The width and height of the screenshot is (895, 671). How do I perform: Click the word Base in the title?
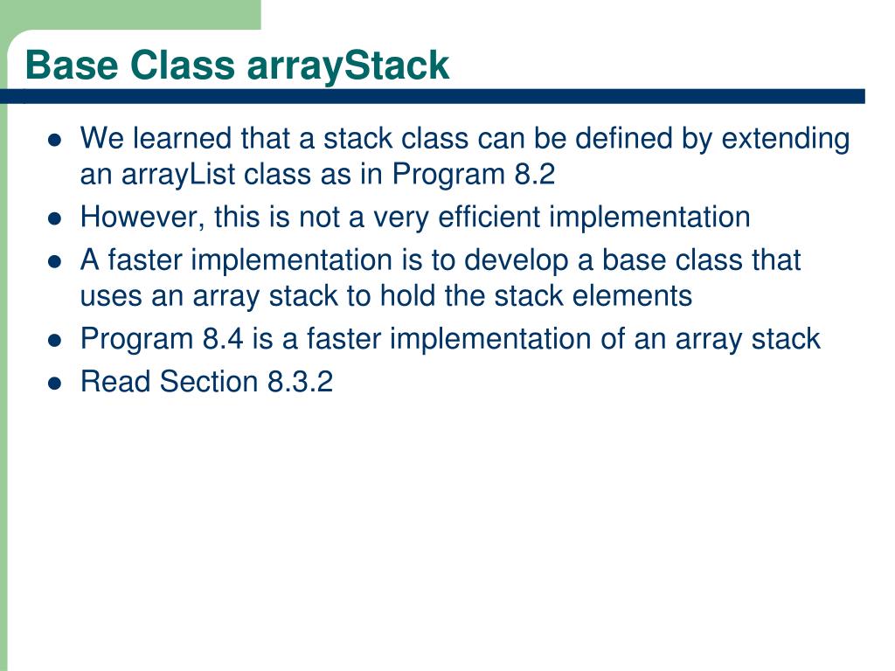[72, 65]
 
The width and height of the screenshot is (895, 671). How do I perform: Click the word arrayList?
[177, 175]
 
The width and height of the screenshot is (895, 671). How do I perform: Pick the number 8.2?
[534, 174]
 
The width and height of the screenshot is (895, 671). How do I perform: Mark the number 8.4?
[223, 339]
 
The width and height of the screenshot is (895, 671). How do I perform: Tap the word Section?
[209, 381]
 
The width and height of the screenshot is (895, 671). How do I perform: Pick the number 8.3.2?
[301, 381]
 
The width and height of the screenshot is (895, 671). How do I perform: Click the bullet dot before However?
[55, 218]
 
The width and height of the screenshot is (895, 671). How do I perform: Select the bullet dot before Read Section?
[55, 384]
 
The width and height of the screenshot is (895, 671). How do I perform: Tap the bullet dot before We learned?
[55, 141]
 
